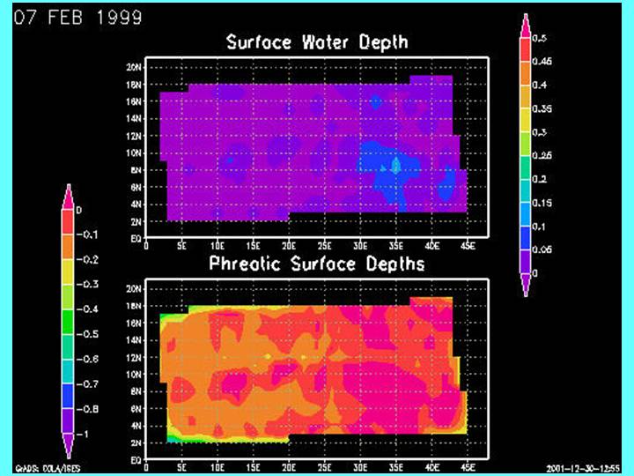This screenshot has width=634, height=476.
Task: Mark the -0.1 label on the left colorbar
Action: click(89, 235)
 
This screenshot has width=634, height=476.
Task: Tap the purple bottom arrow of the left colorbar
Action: click(66, 446)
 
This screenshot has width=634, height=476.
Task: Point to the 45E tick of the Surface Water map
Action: click(468, 246)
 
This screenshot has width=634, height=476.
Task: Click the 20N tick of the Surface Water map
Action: click(134, 66)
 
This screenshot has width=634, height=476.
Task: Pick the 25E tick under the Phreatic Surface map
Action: click(325, 467)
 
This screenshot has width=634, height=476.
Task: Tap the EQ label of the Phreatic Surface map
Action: click(135, 459)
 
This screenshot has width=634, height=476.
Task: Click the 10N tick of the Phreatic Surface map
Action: click(134, 374)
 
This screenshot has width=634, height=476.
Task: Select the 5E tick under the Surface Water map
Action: click(181, 246)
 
